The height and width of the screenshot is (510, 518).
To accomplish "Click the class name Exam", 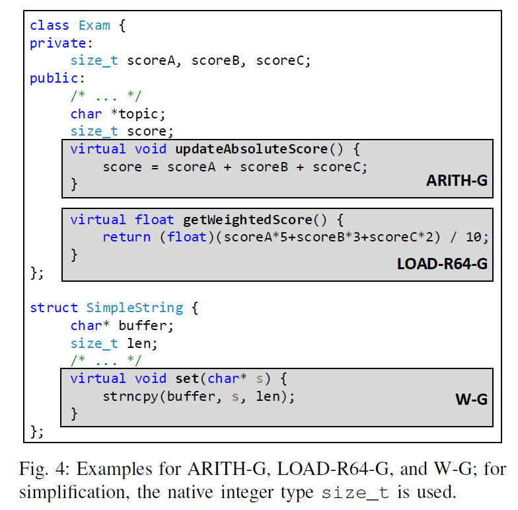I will pyautogui.click(x=94, y=26).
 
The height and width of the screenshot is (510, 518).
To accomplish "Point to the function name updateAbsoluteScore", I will pyautogui.click(x=251, y=149).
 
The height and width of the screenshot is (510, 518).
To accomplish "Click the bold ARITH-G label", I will pyautogui.click(x=457, y=181).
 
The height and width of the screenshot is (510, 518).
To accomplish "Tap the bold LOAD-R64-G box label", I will pyautogui.click(x=442, y=263).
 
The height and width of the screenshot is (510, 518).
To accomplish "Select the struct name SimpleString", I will pyautogui.click(x=135, y=308).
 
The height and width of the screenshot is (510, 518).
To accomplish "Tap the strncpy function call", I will pyautogui.click(x=131, y=397).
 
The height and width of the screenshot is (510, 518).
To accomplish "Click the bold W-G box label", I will pyautogui.click(x=471, y=399).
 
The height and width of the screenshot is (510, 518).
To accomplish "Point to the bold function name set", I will pyautogui.click(x=187, y=378).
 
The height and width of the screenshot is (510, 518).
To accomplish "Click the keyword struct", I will pyautogui.click(x=54, y=308).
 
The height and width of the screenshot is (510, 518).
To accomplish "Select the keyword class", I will pyautogui.click(x=50, y=26).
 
